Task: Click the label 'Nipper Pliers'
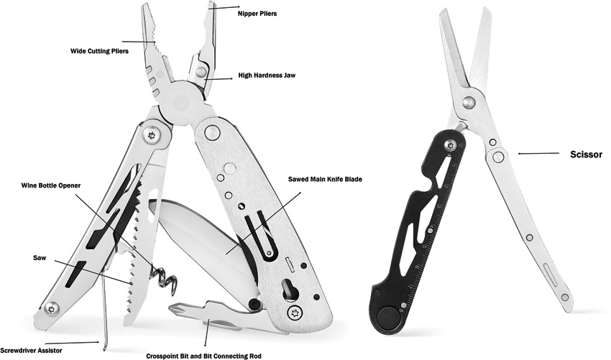(257, 14)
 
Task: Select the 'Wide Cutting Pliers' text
(99, 51)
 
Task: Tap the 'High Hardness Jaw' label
(267, 75)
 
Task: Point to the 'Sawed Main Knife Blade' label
(325, 179)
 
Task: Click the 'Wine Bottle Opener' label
(51, 185)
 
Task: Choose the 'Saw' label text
(40, 257)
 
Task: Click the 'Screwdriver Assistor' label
(31, 350)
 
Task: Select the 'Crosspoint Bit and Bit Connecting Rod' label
(204, 356)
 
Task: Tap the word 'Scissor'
(586, 154)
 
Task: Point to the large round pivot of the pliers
(182, 103)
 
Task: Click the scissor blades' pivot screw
(469, 102)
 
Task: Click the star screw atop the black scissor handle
(451, 146)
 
